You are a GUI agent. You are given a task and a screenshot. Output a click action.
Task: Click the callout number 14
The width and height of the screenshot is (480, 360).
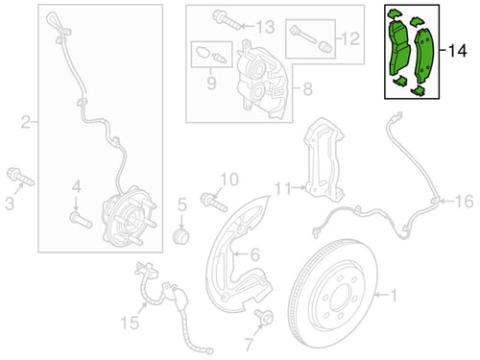458,51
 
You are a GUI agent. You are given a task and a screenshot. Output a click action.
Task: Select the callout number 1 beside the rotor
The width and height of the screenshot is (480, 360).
394,295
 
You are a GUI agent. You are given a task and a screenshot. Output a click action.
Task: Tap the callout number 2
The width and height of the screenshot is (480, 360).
27,122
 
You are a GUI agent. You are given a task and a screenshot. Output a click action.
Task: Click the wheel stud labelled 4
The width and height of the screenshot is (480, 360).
81,220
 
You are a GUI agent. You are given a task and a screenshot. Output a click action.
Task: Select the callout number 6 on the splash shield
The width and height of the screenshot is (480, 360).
255,255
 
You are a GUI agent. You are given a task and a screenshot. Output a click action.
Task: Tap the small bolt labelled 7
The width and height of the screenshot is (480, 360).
264,317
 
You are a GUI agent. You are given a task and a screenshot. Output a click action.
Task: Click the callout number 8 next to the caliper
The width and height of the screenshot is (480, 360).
307,88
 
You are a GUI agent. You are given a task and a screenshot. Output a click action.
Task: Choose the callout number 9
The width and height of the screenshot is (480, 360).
211,83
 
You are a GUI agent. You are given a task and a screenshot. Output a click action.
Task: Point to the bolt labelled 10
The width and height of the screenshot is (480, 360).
214,203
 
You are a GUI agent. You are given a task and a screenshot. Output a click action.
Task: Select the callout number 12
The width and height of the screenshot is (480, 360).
350,38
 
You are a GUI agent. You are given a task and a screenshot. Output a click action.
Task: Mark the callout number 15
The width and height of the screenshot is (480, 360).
130,323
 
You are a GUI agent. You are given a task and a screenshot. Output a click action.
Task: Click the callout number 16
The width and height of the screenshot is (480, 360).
464,202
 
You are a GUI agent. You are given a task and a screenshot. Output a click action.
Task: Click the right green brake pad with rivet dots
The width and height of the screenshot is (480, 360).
423,56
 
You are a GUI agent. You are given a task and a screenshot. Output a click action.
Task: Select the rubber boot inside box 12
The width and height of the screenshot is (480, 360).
325,48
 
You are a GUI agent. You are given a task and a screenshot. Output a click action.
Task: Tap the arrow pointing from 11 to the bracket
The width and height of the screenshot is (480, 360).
299,188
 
